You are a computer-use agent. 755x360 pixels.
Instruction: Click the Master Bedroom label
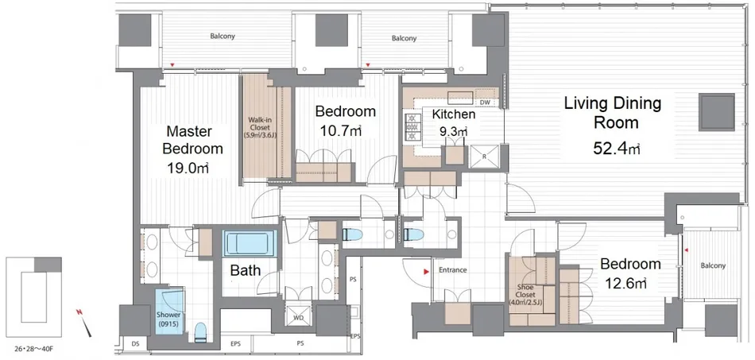tap(192, 140)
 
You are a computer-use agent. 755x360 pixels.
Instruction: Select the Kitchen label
tap(454, 114)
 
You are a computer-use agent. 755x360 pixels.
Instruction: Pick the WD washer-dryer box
tap(299, 318)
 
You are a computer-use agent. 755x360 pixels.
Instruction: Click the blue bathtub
tap(250, 243)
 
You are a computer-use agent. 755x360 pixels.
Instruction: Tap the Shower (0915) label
tap(168, 319)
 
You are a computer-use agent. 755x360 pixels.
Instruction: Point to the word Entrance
tap(453, 270)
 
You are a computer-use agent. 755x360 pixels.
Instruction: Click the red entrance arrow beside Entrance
tap(426, 273)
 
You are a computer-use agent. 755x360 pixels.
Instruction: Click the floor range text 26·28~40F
tap(33, 348)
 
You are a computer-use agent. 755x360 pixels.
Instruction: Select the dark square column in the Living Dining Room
tap(717, 112)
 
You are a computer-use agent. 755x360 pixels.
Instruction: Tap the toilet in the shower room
tap(201, 332)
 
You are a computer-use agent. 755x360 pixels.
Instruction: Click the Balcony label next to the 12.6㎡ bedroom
tap(713, 265)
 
